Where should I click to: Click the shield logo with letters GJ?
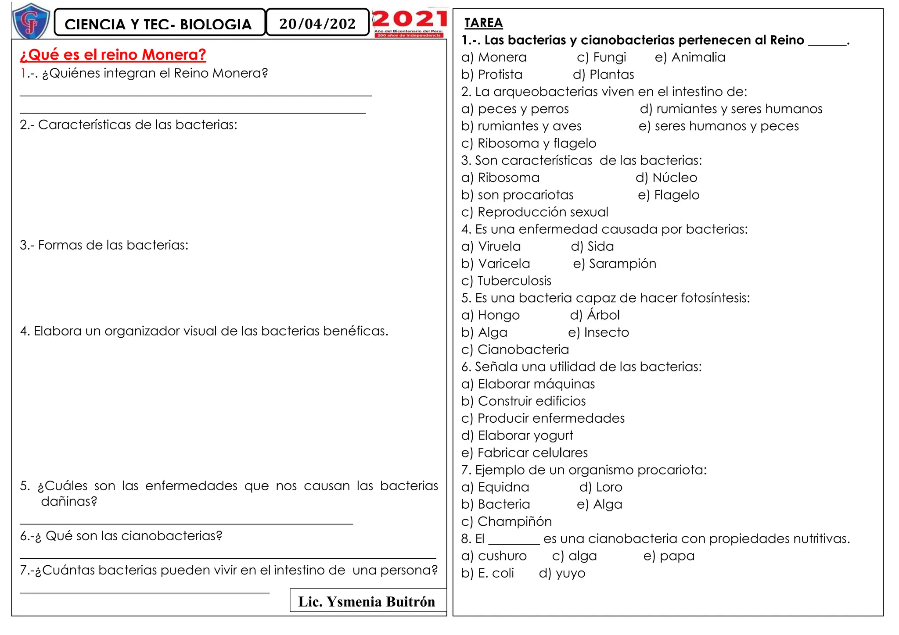click(31, 21)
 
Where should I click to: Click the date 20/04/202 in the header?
click(317, 23)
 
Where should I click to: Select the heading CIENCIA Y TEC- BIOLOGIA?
click(158, 24)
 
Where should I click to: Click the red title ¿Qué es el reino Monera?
click(113, 55)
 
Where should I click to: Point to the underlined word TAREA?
click(483, 23)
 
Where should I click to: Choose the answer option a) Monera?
click(494, 57)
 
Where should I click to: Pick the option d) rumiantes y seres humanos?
click(731, 109)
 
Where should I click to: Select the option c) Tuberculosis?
click(506, 281)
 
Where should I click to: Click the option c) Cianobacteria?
click(515, 350)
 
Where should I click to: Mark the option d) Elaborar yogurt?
click(517, 435)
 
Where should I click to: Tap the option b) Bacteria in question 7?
click(496, 504)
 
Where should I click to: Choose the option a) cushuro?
click(494, 556)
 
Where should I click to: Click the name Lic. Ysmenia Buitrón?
click(367, 602)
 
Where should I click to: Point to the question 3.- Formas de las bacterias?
click(104, 245)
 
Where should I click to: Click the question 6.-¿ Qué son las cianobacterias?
click(121, 536)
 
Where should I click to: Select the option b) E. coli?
click(487, 573)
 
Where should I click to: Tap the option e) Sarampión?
click(615, 264)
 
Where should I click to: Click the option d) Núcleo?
click(666, 178)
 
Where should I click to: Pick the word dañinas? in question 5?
click(69, 501)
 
